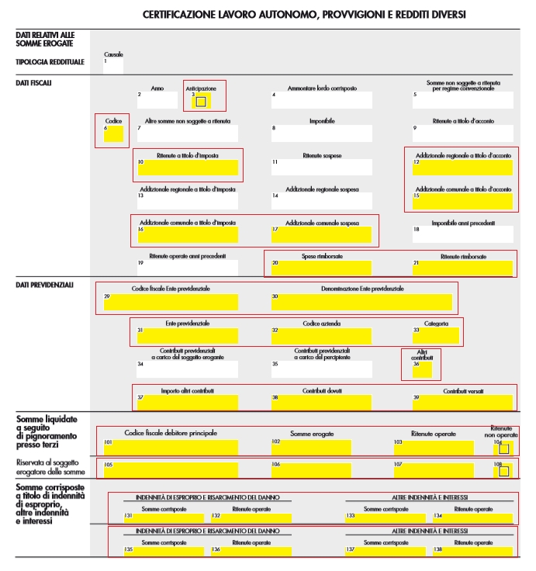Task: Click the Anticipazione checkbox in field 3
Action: tap(201, 102)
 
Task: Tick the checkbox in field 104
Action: tap(504, 448)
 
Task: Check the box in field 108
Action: tap(504, 470)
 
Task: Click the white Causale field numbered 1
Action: tap(113, 65)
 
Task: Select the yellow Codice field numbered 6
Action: tap(113, 134)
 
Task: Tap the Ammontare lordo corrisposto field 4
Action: tap(321, 100)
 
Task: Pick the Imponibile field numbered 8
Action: tap(321, 133)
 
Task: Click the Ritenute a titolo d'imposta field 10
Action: tap(188, 168)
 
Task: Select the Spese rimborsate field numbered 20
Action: tap(321, 268)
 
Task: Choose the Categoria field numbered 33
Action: tap(436, 335)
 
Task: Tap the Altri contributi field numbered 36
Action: tap(422, 370)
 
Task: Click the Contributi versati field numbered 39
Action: tap(462, 402)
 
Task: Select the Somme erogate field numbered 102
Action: tap(321, 447)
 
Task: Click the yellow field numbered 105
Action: tap(171, 469)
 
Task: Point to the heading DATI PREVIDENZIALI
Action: tap(44, 285)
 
